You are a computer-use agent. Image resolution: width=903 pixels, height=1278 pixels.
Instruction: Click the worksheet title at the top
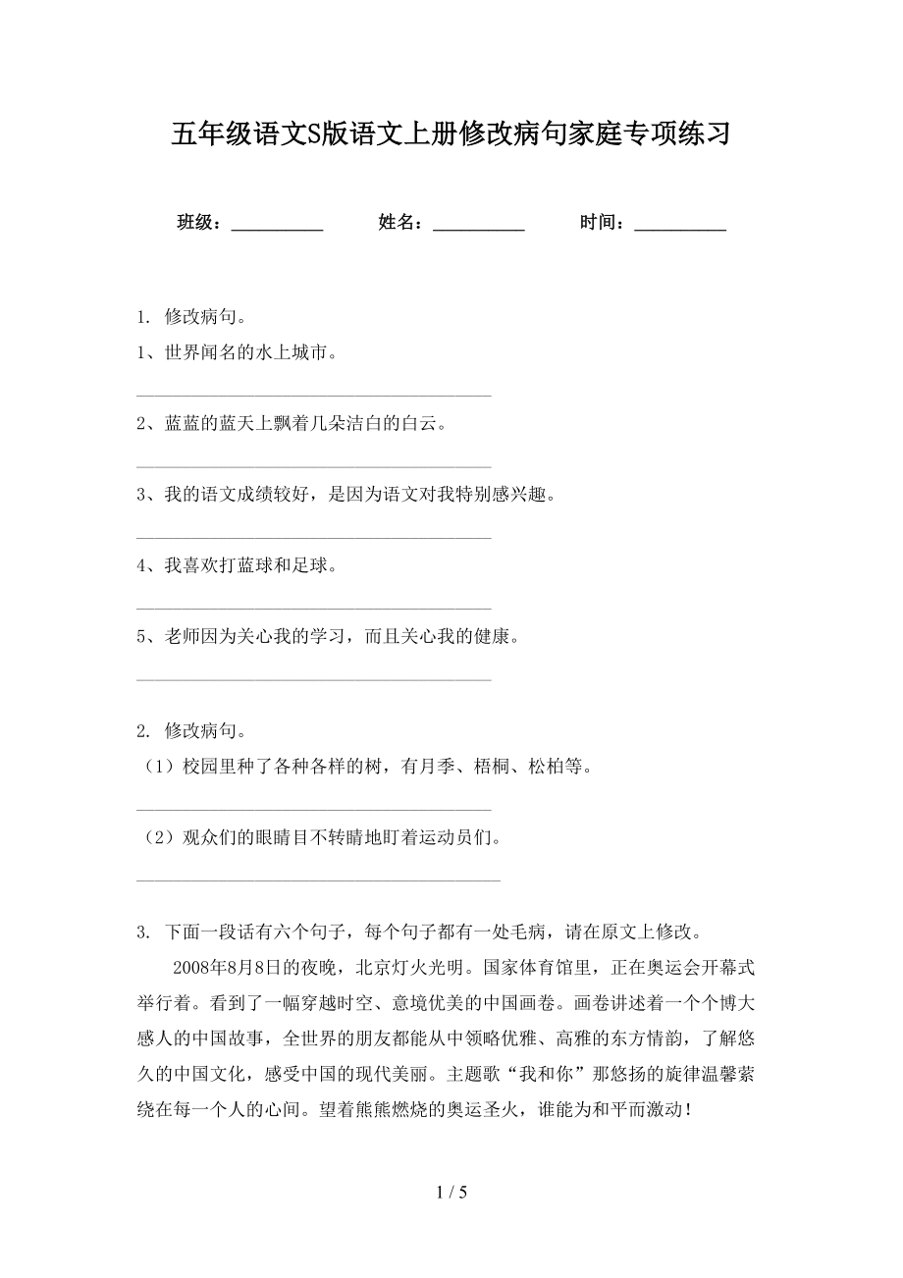point(451,133)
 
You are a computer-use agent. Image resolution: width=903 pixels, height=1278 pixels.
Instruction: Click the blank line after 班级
point(277,228)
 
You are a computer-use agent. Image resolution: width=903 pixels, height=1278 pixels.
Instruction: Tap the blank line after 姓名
point(478,228)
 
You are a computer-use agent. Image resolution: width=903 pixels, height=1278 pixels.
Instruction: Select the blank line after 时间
point(680,228)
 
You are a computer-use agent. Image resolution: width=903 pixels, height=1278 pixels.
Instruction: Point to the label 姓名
point(399,223)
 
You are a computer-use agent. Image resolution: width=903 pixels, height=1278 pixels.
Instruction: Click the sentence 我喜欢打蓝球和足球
point(240,565)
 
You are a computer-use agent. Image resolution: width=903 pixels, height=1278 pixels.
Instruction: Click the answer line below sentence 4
point(313,609)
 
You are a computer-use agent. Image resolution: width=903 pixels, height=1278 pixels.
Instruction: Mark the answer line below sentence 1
point(313,396)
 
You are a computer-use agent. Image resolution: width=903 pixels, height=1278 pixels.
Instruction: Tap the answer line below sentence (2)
point(318,879)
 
